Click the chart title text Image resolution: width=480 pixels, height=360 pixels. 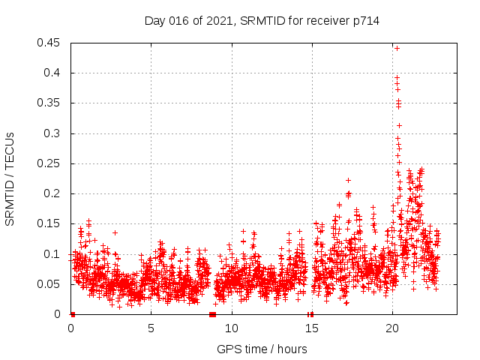point(262,21)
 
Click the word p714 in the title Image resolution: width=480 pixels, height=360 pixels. point(366,21)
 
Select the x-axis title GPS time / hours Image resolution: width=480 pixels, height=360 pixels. point(262,349)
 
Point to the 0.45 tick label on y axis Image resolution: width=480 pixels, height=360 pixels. point(49,43)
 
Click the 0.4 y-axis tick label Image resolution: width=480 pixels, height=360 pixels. point(52,73)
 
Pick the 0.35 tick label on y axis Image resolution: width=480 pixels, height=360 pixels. point(49,103)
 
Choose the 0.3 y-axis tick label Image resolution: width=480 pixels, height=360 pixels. point(52,133)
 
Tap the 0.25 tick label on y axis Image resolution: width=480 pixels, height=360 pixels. point(49,163)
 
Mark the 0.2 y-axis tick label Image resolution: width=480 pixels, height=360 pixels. point(52,193)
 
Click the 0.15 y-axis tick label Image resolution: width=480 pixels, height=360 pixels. point(49,224)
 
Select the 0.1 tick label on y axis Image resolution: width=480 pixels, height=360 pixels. point(52,254)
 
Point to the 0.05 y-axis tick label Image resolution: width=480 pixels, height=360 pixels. point(49,284)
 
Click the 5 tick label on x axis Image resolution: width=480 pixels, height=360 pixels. point(151,328)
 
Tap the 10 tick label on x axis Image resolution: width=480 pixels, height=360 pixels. point(232,328)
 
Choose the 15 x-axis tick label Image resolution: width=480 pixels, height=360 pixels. point(312,328)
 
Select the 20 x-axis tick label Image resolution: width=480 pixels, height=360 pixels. point(392,328)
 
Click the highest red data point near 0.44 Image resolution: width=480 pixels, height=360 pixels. point(397,48)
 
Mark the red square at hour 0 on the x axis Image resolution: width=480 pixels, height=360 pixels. point(73,314)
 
